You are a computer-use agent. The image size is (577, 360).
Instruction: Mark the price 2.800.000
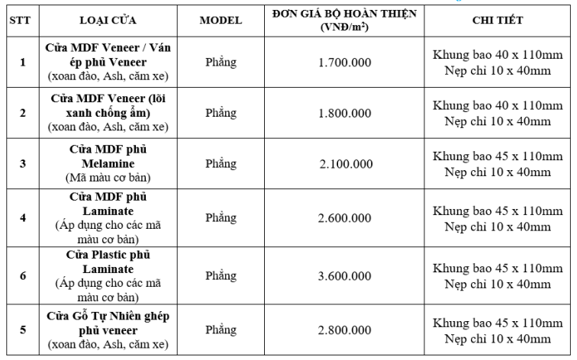click(346, 330)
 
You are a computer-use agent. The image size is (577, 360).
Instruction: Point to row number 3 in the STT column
click(23, 163)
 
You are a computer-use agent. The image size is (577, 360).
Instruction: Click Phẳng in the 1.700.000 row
click(221, 63)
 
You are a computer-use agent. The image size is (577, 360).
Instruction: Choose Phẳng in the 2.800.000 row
click(221, 330)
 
